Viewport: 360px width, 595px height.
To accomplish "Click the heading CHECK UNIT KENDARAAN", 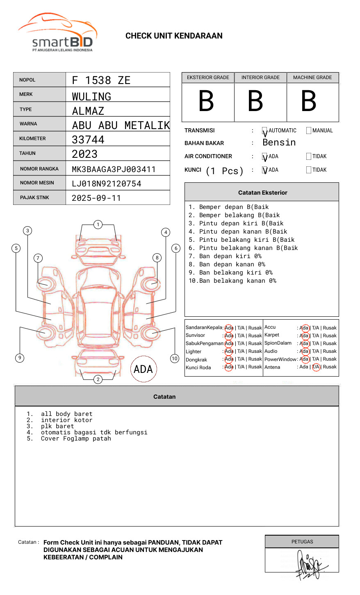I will point(174,36).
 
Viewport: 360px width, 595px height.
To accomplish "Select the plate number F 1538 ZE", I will point(101,80).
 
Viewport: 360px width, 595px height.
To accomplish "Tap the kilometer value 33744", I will point(88,140).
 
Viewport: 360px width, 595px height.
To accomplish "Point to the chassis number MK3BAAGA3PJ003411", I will point(114,169).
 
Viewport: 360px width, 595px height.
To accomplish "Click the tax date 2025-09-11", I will point(96,198).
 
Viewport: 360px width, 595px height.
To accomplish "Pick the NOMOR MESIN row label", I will point(37,183).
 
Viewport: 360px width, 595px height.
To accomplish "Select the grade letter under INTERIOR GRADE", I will point(255,101).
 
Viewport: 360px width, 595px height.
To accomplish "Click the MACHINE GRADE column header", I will point(312,77).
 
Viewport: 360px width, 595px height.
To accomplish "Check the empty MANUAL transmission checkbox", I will point(309,131).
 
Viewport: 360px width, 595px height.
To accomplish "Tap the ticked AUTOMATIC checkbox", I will point(265,131).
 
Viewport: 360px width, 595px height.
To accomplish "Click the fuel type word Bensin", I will point(279,143).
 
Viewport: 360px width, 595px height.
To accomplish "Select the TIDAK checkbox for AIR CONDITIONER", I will point(309,157).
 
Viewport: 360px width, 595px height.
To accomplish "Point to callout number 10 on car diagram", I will point(175,359).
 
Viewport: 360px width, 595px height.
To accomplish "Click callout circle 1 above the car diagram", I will point(98,225).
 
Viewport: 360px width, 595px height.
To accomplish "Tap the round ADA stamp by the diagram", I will point(143,369).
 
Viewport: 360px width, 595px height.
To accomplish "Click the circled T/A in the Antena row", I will point(316,367).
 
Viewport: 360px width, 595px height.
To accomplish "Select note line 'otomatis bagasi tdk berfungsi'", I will point(94,432).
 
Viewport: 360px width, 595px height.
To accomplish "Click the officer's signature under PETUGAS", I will point(310,565).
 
